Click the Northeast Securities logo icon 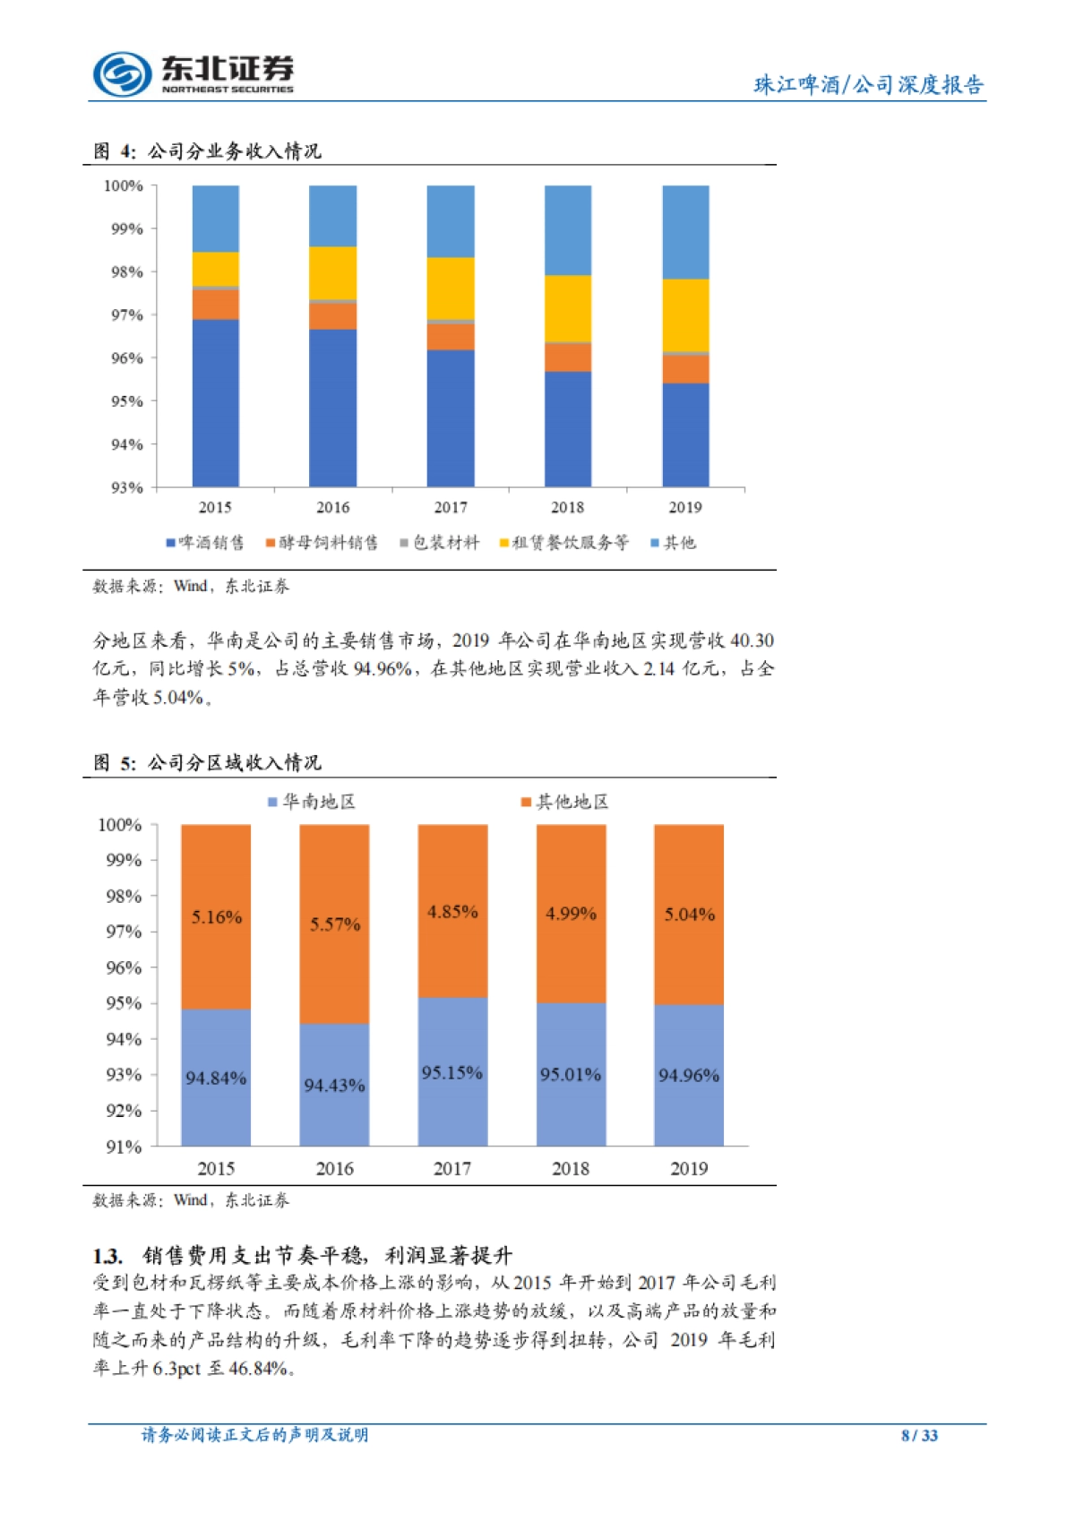tap(121, 73)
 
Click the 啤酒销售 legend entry tap(205, 543)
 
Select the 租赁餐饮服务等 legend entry tap(563, 543)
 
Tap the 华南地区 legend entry tap(312, 802)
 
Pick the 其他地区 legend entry tap(564, 802)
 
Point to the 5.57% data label tap(335, 924)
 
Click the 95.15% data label tap(452, 1073)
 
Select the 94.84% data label tap(216, 1078)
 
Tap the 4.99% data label tap(571, 914)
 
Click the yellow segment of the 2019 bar tap(685, 315)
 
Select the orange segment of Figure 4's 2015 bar tap(215, 305)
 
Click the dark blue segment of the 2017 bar tap(450, 417)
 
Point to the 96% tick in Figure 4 tap(127, 358)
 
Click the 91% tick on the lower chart tap(125, 1147)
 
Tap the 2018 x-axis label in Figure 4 tap(567, 508)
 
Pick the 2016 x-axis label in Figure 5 tap(334, 1169)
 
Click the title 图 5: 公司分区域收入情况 tap(207, 763)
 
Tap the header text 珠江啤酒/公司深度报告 tap(868, 85)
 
